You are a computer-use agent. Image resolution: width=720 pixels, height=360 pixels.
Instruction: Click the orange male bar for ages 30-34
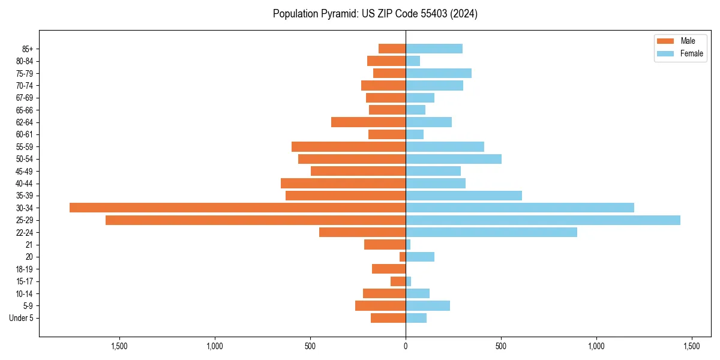click(238, 208)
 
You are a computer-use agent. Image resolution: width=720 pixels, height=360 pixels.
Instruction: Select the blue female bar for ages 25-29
click(543, 220)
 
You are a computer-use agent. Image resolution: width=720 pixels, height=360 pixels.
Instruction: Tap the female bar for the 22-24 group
click(491, 232)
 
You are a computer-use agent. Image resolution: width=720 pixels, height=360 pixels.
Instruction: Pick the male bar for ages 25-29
click(256, 220)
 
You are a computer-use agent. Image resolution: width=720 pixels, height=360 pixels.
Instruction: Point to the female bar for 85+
click(434, 49)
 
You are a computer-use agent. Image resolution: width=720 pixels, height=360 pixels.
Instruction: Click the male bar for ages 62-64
click(368, 122)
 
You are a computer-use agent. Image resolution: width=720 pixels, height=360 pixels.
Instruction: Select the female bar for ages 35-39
click(464, 196)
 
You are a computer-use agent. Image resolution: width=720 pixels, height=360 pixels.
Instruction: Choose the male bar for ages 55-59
click(349, 147)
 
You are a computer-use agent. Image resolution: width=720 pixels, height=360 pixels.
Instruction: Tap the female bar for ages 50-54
click(454, 159)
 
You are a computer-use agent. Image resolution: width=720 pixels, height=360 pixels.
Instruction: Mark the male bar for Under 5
click(388, 318)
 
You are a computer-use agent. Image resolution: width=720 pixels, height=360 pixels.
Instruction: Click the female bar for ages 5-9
click(428, 305)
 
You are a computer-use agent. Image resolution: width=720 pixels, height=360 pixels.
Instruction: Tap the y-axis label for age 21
click(29, 245)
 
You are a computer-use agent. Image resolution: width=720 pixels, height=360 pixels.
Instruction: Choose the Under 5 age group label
click(21, 318)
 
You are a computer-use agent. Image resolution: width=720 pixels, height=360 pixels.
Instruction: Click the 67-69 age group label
click(24, 98)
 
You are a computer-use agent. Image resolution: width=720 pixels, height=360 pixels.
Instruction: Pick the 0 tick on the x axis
click(406, 346)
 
